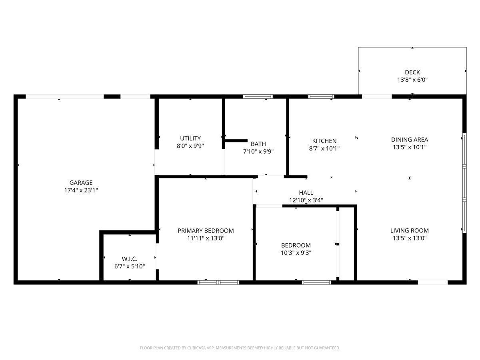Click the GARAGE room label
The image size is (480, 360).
[x=81, y=182]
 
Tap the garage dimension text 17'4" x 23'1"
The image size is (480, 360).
[x=81, y=190]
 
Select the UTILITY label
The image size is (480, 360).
[x=190, y=138]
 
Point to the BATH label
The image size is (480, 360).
[x=258, y=144]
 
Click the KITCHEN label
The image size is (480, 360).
[x=324, y=141]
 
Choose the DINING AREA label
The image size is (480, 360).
[x=410, y=140]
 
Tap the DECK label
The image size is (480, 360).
[x=412, y=72]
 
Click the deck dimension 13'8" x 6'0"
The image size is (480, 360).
[x=412, y=80]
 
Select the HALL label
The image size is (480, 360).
[x=306, y=192]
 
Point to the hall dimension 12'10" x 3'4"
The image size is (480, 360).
[x=306, y=200]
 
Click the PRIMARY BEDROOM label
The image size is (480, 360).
[x=206, y=231]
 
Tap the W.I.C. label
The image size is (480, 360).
[x=130, y=259]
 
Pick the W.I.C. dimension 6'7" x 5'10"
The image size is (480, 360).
[x=130, y=266]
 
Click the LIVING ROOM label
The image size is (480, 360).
[x=409, y=230]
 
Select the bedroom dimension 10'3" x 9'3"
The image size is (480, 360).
[x=296, y=253]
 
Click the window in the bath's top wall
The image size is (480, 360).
[x=258, y=97]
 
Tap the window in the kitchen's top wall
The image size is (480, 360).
[x=321, y=97]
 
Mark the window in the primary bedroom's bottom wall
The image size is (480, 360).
[x=218, y=282]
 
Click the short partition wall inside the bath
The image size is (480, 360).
[x=236, y=141]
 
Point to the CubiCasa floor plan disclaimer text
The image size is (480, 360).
[x=240, y=348]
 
